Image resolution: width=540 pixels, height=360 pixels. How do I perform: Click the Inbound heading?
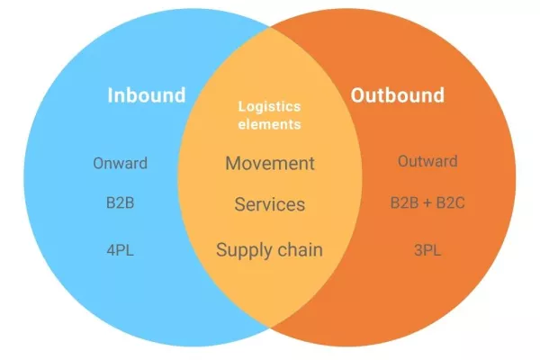[146, 94]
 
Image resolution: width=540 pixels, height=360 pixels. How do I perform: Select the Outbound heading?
[397, 94]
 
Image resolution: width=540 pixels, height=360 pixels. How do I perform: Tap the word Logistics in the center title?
[269, 106]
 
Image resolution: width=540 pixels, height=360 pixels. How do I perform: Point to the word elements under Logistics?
[269, 124]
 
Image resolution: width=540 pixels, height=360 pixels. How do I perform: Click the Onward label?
[120, 163]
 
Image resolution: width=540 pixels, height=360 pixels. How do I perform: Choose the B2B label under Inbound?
[120, 203]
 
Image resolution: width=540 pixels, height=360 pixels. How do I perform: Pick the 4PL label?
[120, 249]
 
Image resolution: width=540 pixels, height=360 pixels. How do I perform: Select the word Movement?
[269, 163]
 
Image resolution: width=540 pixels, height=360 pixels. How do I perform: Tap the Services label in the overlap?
[269, 204]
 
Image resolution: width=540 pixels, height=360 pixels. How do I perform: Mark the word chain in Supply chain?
[301, 249]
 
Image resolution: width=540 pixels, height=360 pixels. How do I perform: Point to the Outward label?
[427, 162]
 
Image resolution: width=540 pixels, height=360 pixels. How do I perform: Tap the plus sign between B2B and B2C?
[427, 203]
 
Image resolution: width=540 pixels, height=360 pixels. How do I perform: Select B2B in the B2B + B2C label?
[404, 203]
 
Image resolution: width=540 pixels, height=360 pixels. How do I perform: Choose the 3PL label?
[427, 249]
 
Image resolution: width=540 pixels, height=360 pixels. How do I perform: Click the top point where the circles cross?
[270, 27]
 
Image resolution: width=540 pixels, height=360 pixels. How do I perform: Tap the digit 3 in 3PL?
[417, 249]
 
